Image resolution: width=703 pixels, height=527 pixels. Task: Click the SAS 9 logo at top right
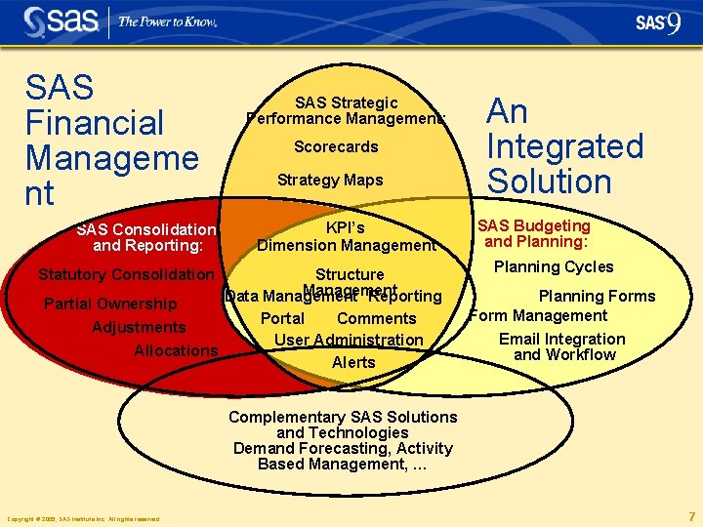click(657, 23)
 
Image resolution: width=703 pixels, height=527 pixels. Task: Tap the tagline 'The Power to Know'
click(167, 21)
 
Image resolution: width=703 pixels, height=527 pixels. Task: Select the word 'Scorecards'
click(336, 147)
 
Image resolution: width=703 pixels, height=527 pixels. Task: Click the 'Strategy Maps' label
click(330, 181)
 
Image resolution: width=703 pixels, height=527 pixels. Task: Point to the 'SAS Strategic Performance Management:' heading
click(346, 110)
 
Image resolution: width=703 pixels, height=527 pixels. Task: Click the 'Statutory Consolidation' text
click(125, 275)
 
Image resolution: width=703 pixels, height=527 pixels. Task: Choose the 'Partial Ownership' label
click(110, 304)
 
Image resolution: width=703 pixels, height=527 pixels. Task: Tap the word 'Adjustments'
click(139, 328)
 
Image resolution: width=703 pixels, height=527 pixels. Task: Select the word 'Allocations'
click(176, 351)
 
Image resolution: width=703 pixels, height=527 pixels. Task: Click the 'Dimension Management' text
click(347, 246)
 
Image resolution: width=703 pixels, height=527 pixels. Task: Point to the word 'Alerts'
click(353, 363)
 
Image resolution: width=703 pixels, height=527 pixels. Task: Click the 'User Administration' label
click(349, 341)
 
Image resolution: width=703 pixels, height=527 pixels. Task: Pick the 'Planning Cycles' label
click(554, 267)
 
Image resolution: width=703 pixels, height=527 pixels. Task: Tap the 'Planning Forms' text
click(597, 297)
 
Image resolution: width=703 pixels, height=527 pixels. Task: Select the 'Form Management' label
click(539, 316)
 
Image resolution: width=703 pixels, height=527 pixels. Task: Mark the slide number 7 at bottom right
click(691, 517)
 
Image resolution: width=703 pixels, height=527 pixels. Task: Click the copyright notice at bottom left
click(83, 519)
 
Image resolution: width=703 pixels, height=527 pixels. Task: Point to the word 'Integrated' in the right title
click(565, 147)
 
